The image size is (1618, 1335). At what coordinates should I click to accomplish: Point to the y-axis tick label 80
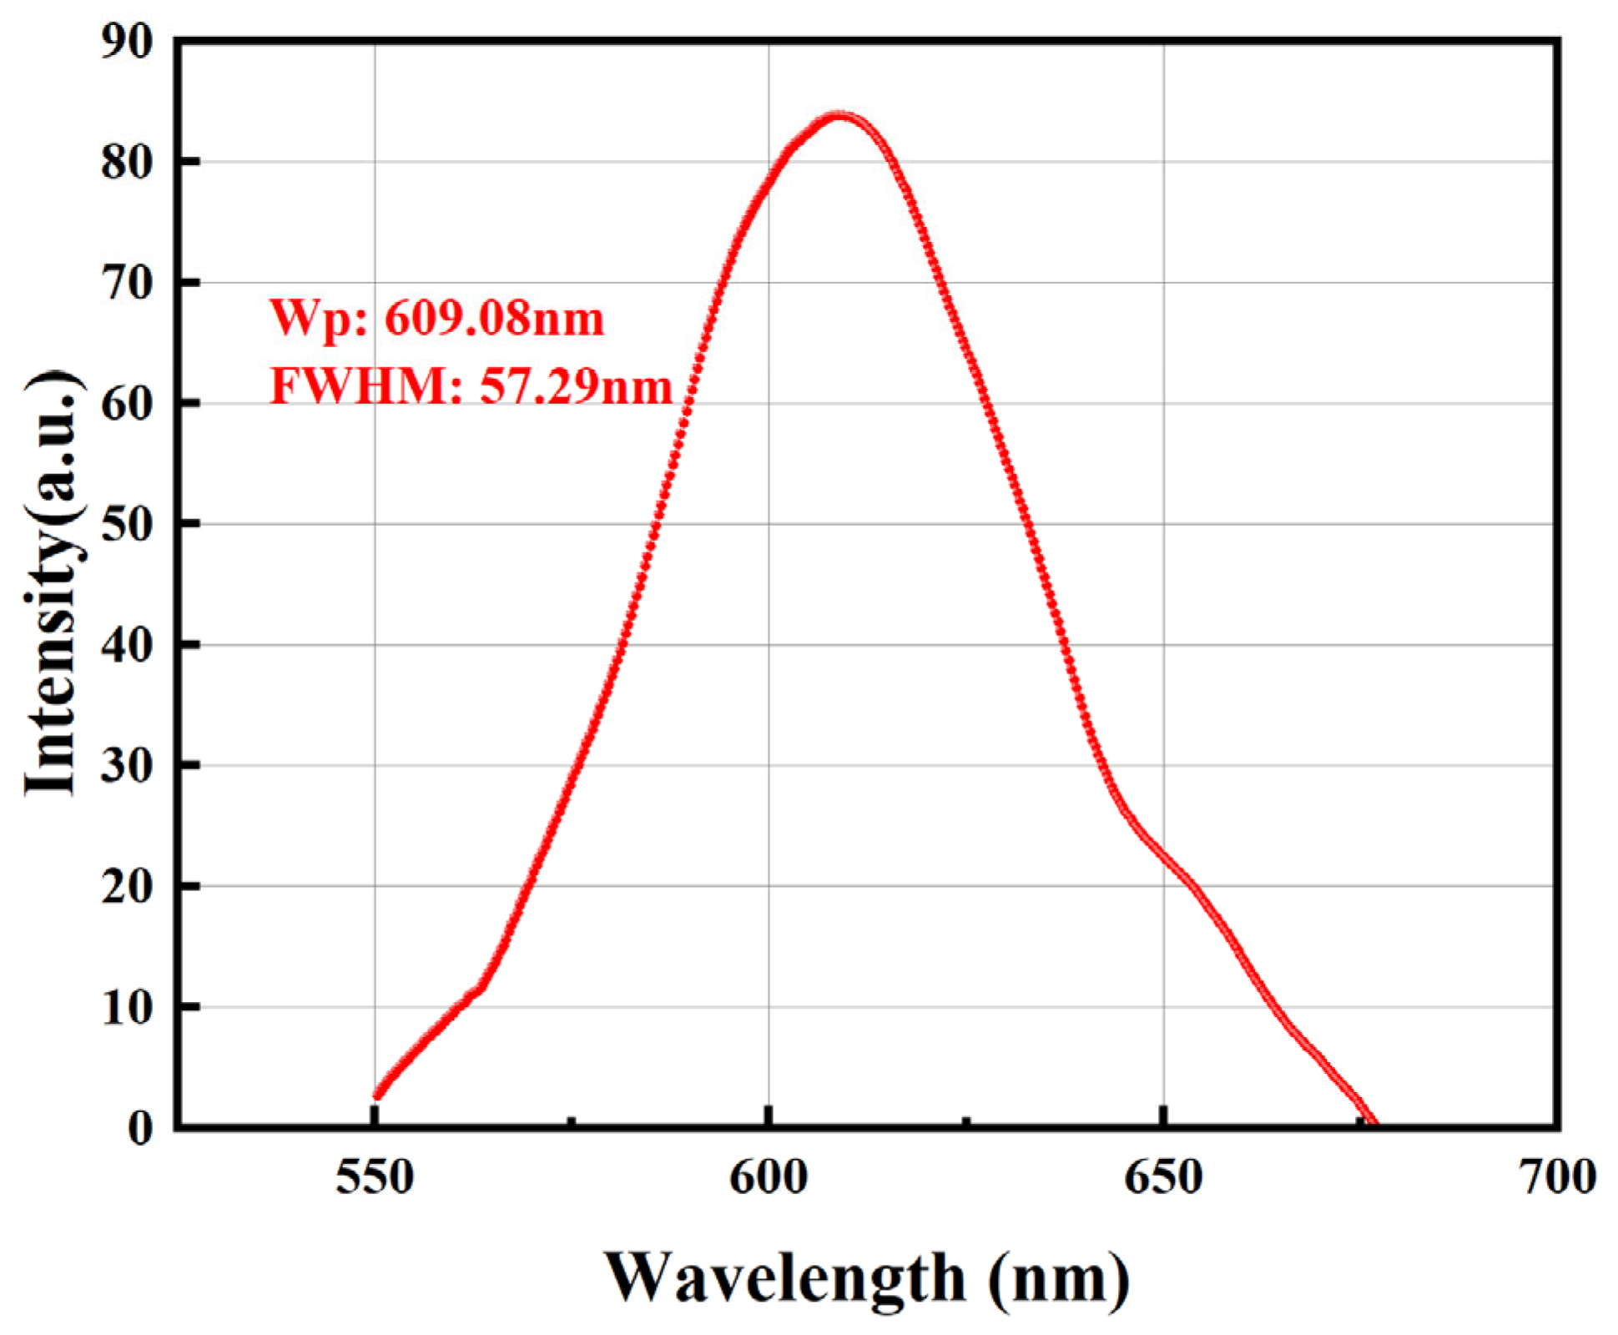pos(127,161)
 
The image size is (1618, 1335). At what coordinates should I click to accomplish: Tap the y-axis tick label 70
pos(127,283)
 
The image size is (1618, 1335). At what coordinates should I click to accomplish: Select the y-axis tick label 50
pos(127,524)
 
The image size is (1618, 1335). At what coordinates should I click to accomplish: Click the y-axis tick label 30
pos(127,765)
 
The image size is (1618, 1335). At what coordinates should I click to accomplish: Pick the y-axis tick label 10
pos(127,1007)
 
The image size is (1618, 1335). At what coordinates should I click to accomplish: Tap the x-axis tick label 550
pos(375,1177)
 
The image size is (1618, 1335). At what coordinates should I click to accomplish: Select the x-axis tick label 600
pos(769,1177)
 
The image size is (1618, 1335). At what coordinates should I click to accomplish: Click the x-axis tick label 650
pos(1162,1177)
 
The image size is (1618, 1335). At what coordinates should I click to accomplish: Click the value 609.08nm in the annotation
pos(494,318)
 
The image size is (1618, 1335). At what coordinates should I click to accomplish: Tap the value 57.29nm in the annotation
pos(576,386)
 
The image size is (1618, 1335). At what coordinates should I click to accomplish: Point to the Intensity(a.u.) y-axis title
pos(52,584)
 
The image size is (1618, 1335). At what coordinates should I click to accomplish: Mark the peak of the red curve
pos(839,116)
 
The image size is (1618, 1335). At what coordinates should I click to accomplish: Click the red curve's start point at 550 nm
pos(377,1095)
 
